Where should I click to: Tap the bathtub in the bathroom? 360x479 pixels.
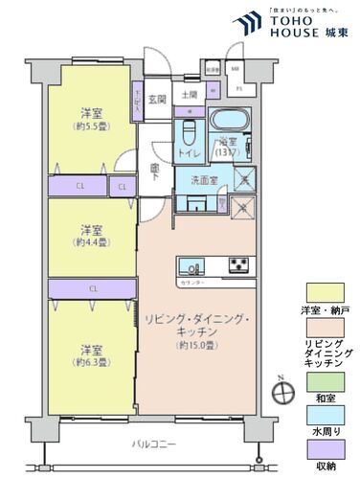coord(227,123)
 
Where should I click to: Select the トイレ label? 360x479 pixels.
coord(191,151)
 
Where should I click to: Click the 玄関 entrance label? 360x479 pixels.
coord(158,99)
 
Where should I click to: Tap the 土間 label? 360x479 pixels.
coord(189,95)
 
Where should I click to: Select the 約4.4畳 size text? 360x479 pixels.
coord(92,243)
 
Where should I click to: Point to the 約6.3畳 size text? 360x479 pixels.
coord(92,362)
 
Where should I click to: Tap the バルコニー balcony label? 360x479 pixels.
coord(153,445)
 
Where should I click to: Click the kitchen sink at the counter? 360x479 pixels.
coord(191,265)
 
